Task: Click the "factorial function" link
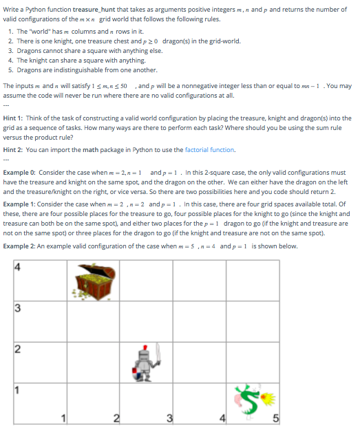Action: click(211, 149)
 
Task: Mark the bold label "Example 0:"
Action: click(20, 172)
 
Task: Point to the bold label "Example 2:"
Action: click(20, 246)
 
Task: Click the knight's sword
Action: click(158, 354)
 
